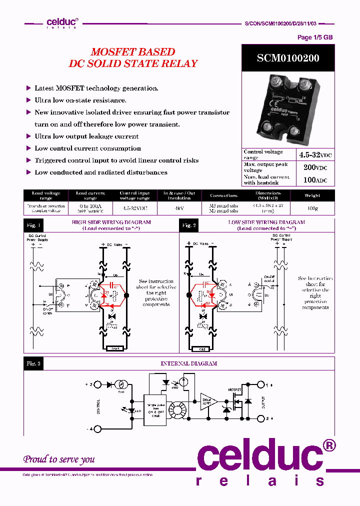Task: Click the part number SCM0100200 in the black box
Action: [x=288, y=58]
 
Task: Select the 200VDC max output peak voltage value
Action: [x=315, y=167]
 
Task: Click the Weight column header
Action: [x=312, y=195]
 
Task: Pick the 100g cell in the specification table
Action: [x=312, y=208]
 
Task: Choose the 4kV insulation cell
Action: [x=179, y=208]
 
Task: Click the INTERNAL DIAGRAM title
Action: [x=188, y=363]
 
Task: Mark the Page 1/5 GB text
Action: [x=314, y=37]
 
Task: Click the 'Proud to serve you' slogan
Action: [x=59, y=459]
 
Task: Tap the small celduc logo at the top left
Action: [x=61, y=22]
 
